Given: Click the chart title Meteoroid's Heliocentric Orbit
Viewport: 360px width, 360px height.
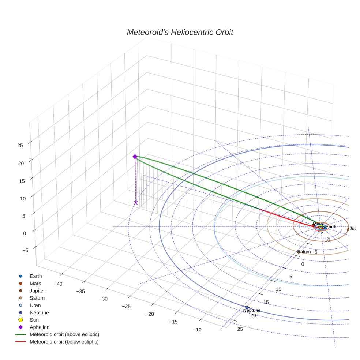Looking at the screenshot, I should point(180,32).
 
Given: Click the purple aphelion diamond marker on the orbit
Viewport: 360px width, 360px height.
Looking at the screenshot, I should point(135,157).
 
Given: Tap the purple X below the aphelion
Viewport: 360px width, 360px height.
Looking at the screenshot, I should point(136,203).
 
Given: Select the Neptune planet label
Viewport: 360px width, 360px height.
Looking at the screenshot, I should point(252,310).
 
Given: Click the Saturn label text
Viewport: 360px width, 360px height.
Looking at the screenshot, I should point(303,252).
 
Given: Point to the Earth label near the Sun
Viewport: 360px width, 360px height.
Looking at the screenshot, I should point(331,227).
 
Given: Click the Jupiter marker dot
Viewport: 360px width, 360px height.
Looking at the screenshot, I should point(348,230).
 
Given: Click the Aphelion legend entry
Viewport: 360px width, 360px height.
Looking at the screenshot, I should point(39,327).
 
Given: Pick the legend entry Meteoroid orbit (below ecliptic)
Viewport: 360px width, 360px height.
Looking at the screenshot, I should point(64,342).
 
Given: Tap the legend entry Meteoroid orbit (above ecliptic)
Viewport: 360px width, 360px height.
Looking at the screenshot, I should point(64,334).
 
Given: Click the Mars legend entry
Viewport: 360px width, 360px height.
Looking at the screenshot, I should point(35,283).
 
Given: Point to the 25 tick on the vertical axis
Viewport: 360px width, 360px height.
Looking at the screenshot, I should point(20,145).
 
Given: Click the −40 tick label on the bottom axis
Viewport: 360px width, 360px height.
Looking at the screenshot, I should point(58,284).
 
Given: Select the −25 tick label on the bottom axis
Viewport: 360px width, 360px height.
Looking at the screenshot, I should point(126,306).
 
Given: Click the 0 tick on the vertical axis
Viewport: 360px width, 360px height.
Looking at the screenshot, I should point(25,233).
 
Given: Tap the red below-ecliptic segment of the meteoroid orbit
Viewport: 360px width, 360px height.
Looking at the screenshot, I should point(285,218).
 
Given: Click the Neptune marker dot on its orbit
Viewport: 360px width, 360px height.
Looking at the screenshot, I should point(247,307).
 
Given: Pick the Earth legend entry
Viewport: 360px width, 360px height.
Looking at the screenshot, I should point(35,276).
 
